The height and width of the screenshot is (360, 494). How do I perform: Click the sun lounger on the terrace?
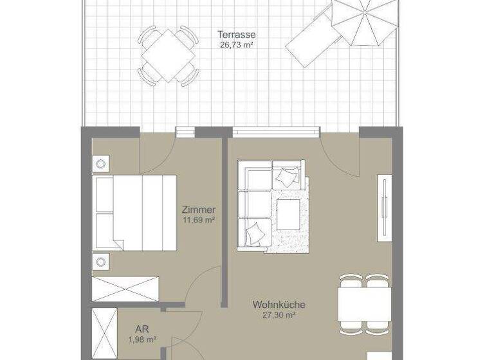pyautogui.click(x=311, y=40)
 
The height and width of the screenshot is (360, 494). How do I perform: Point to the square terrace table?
pyautogui.click(x=168, y=55)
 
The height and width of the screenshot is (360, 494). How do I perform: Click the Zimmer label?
pyautogui.click(x=198, y=210)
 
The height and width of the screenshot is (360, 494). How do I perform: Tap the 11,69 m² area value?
pyautogui.click(x=198, y=220)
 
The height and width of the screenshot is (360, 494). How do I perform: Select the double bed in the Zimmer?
pyautogui.click(x=135, y=213)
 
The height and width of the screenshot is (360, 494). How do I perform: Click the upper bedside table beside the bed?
pyautogui.click(x=102, y=164)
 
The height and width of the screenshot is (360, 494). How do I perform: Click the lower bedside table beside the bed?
pyautogui.click(x=102, y=261)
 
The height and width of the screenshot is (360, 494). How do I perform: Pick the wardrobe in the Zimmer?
pyautogui.click(x=125, y=289)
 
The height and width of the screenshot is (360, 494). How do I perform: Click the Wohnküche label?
pyautogui.click(x=279, y=305)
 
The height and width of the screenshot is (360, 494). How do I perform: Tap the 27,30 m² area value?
pyautogui.click(x=279, y=315)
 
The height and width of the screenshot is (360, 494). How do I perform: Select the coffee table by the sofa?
pyautogui.click(x=288, y=213)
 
